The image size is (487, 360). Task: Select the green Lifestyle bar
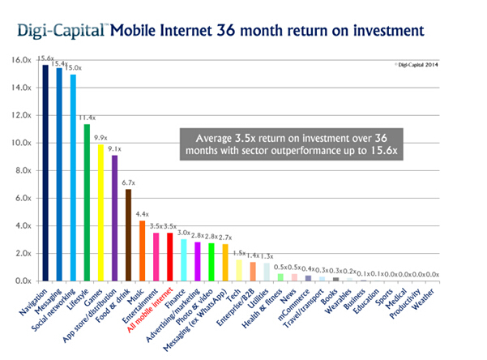[87, 202]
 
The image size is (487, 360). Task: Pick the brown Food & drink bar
[128, 234]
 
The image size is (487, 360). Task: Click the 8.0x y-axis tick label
[22, 170]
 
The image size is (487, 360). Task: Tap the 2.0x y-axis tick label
[22, 254]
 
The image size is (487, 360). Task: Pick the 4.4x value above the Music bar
[143, 214]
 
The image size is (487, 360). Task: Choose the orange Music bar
[142, 251]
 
